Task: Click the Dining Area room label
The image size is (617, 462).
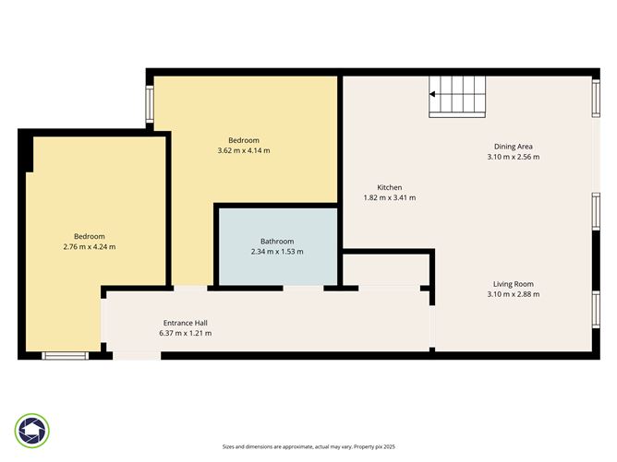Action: click(513, 147)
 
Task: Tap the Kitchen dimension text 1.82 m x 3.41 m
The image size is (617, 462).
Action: click(389, 197)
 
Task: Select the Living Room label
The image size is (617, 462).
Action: click(513, 284)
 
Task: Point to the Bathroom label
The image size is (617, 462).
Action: click(277, 242)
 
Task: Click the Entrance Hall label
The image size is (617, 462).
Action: click(185, 323)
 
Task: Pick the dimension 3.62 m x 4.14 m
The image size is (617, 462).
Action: click(244, 150)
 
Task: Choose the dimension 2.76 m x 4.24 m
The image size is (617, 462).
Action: click(90, 246)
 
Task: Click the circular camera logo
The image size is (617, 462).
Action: click(32, 430)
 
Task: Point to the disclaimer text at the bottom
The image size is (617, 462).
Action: click(308, 445)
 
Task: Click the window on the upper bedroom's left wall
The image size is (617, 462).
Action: click(148, 104)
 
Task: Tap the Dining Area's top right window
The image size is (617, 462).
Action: click(596, 99)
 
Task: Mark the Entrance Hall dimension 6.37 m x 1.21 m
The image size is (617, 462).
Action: click(185, 333)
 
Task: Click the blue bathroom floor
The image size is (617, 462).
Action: click(277, 267)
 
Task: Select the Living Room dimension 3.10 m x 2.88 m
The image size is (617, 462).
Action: click(513, 294)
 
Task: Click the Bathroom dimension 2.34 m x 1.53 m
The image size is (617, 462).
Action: click(277, 252)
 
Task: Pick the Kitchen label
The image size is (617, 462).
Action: click(389, 187)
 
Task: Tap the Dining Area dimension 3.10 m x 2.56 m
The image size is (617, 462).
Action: click(513, 157)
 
